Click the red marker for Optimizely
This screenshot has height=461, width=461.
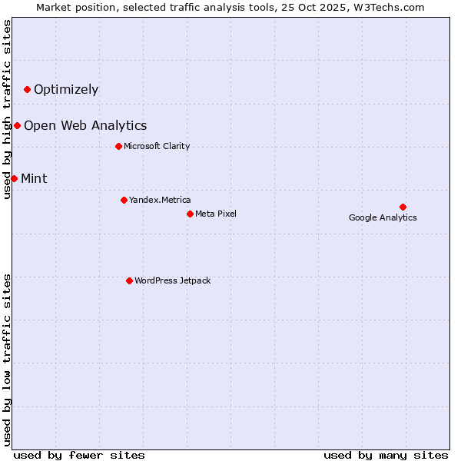pyautogui.click(x=27, y=90)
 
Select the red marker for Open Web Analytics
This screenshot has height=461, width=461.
pyautogui.click(x=17, y=126)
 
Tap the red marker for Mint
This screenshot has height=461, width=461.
pyautogui.click(x=14, y=179)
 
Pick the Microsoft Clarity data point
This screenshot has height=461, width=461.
pyautogui.click(x=118, y=147)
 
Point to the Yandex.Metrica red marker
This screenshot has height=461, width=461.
pyautogui.click(x=124, y=201)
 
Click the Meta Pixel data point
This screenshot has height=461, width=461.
pyautogui.click(x=190, y=214)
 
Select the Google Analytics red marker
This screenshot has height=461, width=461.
pyautogui.click(x=403, y=207)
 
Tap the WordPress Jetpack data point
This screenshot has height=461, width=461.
pyautogui.click(x=129, y=281)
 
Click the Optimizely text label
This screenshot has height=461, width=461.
pyautogui.click(x=66, y=90)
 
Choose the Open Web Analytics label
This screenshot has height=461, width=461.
pyautogui.click(x=85, y=126)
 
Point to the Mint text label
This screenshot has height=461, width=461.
pyautogui.click(x=34, y=179)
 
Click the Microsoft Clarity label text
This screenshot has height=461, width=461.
pyautogui.click(x=157, y=147)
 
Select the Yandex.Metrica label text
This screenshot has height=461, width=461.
pyautogui.click(x=160, y=201)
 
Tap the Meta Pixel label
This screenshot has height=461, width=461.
pyautogui.click(x=216, y=214)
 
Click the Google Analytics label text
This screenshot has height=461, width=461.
pyautogui.click(x=383, y=218)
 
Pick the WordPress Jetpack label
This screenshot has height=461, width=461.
pyautogui.click(x=172, y=281)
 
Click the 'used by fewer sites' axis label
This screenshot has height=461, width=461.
pyautogui.click(x=79, y=455)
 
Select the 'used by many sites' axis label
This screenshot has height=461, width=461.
pyautogui.click(x=386, y=455)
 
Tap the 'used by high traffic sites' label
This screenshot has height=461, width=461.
pyautogui.click(x=8, y=109)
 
